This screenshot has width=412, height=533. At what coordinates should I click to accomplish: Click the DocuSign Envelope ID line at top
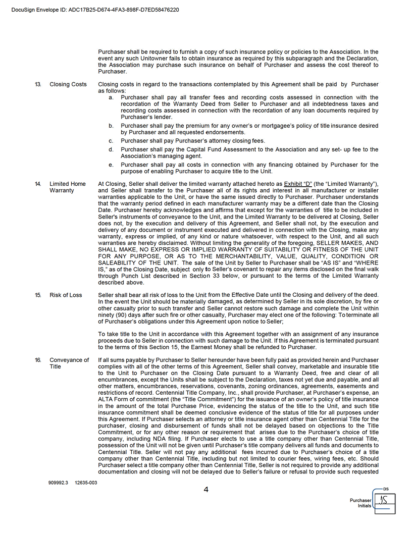pyautogui.click(x=95, y=10)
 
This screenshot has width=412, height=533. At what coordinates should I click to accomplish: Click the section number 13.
pyautogui.click(x=38, y=84)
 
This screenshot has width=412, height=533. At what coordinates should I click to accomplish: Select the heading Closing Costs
pyautogui.click(x=68, y=84)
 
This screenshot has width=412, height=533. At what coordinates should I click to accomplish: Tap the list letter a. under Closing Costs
pyautogui.click(x=111, y=97)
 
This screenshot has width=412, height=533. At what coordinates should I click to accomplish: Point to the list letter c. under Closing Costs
pyautogui.click(x=111, y=141)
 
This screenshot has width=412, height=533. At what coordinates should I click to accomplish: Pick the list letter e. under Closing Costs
pyautogui.click(x=111, y=165)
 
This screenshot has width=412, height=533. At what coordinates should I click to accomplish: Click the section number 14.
pyautogui.click(x=38, y=184)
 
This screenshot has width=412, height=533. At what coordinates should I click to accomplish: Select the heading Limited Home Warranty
pyautogui.click(x=68, y=187)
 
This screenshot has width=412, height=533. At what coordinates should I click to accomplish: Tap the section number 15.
pyautogui.click(x=38, y=295)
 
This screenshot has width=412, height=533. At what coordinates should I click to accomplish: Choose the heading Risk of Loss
pyautogui.click(x=66, y=295)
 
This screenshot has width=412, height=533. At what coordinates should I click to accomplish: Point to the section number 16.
pyautogui.click(x=38, y=360)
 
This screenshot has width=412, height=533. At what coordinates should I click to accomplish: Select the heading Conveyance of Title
pyautogui.click(x=69, y=363)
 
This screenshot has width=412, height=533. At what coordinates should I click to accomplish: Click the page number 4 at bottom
pyautogui.click(x=206, y=489)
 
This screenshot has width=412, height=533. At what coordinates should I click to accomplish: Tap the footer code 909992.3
pyautogui.click(x=58, y=483)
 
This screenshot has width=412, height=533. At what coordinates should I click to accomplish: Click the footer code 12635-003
pyautogui.click(x=86, y=483)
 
